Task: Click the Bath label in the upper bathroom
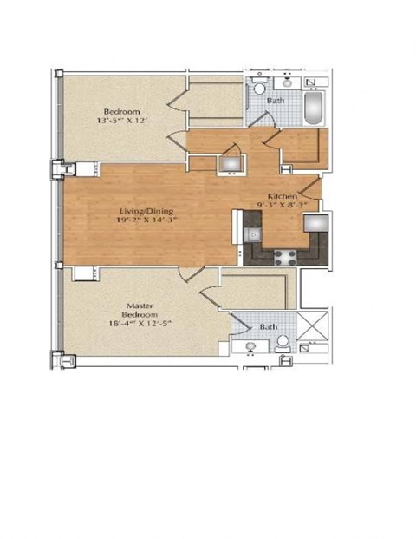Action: pos(276,101)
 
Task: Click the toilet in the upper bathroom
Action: pos(258,90)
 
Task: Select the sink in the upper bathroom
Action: pos(286,88)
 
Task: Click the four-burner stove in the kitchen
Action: pos(283,255)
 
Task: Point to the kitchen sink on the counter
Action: pos(252,234)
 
